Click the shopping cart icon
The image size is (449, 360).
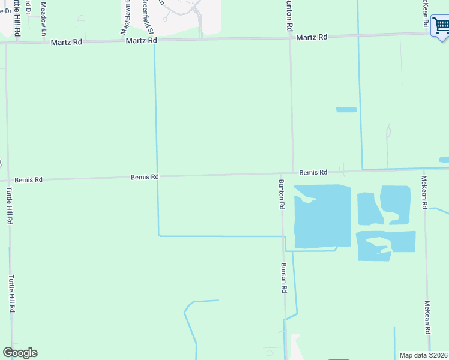[440, 27]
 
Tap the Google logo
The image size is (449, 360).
[20, 353]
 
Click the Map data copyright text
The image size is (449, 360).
[423, 355]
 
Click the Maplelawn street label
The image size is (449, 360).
[127, 18]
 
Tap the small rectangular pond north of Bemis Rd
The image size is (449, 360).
[346, 110]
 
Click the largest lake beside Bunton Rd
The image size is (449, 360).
[322, 216]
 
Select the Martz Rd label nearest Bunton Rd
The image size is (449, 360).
[312, 37]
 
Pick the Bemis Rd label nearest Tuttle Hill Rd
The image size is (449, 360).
[28, 179]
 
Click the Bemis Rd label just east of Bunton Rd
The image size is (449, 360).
[313, 172]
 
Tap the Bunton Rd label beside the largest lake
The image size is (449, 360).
[280, 194]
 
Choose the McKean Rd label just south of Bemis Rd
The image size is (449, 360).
[424, 192]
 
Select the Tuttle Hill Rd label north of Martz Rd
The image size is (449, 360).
[18, 18]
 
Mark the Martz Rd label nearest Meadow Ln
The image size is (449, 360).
[67, 42]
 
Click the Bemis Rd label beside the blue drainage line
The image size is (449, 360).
[145, 177]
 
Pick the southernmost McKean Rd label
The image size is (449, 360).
[427, 317]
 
